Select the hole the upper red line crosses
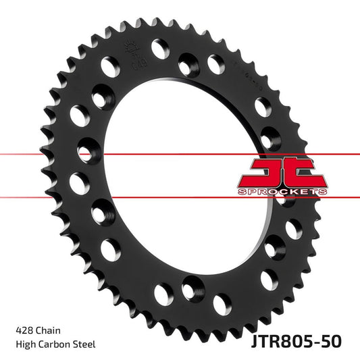point(88,148)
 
